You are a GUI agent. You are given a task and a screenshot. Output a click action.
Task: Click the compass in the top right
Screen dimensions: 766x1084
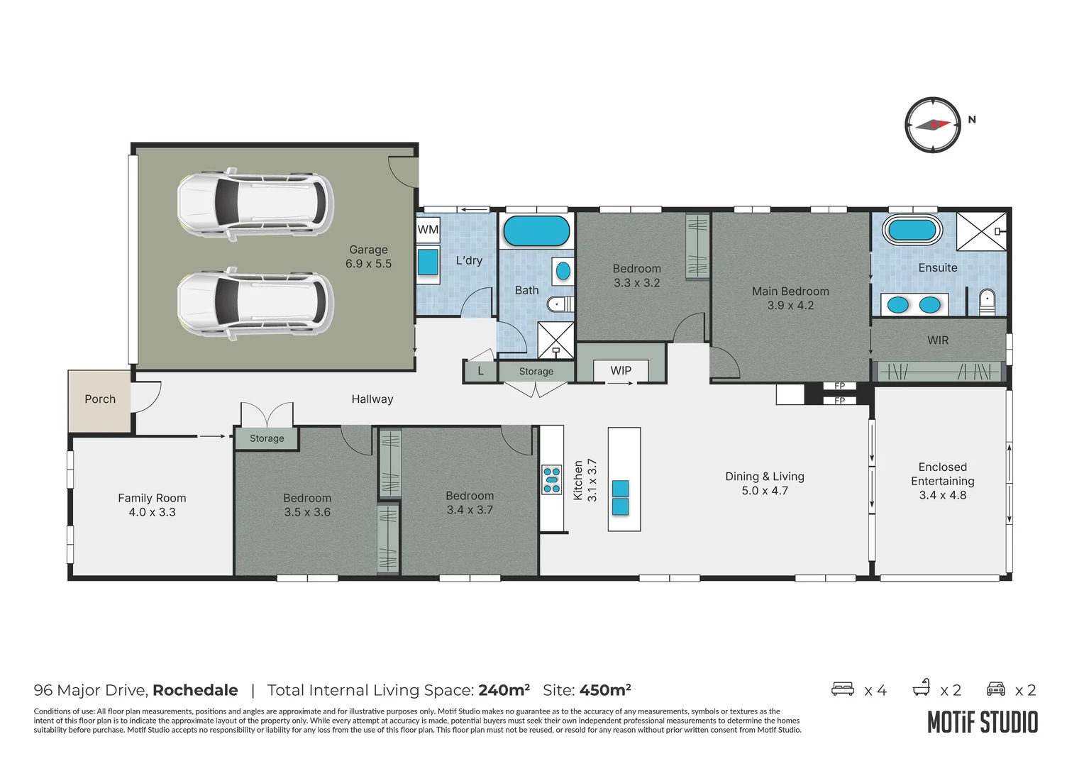click(932, 125)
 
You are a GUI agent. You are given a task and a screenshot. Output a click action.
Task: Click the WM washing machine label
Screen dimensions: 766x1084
click(428, 229)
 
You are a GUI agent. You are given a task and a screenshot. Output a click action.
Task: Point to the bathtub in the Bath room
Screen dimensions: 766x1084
click(536, 231)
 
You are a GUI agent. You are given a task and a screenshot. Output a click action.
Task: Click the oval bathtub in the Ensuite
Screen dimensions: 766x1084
click(912, 230)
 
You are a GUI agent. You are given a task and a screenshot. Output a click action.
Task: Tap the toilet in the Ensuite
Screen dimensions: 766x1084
click(988, 301)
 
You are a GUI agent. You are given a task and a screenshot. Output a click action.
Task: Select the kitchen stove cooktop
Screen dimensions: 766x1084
click(551, 479)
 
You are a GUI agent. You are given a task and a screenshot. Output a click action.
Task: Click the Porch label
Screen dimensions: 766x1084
click(100, 399)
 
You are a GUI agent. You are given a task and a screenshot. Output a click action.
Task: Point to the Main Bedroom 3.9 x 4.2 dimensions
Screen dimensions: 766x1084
click(790, 306)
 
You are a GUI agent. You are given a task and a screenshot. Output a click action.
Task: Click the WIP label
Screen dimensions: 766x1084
click(621, 370)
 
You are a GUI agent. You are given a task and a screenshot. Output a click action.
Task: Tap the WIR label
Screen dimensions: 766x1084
click(938, 340)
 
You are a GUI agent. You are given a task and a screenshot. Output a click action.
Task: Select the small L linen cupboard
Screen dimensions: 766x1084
click(480, 371)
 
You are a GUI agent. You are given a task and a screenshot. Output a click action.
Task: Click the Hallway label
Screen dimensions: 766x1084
click(372, 399)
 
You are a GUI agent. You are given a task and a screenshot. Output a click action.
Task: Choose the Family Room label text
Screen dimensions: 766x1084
click(152, 498)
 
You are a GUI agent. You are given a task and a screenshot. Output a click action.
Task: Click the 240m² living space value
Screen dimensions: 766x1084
click(504, 690)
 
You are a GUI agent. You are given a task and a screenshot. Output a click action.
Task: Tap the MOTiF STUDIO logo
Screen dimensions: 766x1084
click(983, 722)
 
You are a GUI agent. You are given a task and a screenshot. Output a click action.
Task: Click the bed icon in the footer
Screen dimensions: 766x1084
click(843, 689)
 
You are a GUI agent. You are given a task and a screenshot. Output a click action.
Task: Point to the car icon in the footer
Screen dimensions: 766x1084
click(996, 689)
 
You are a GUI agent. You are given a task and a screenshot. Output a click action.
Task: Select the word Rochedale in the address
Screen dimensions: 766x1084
click(195, 690)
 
